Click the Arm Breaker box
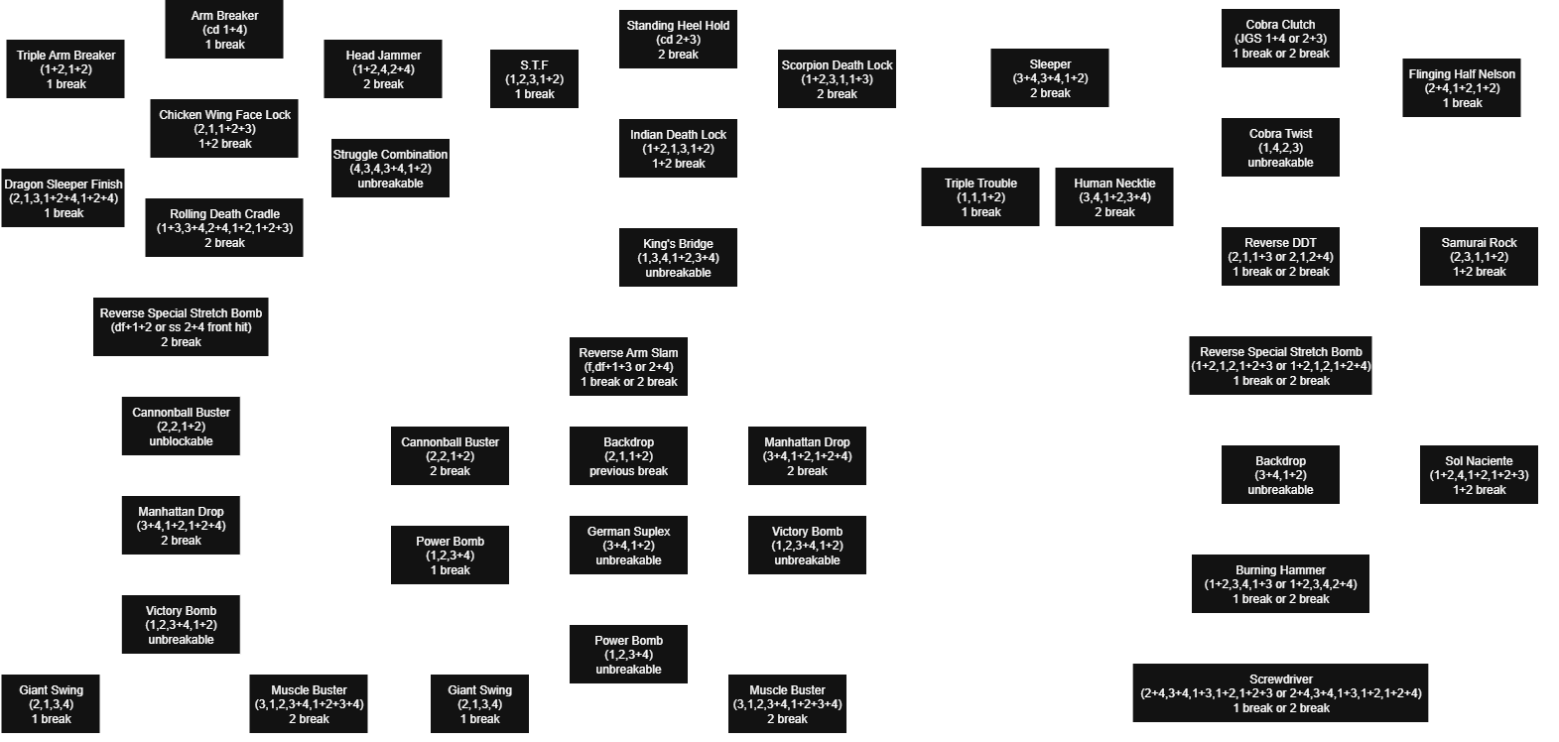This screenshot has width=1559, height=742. [x=224, y=30]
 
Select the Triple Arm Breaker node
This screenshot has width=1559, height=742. [x=66, y=69]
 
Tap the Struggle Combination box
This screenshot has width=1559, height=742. [x=390, y=169]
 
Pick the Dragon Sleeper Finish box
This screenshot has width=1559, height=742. [x=64, y=198]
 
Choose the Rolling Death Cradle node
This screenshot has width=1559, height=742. [x=224, y=228]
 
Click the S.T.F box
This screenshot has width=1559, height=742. [x=534, y=79]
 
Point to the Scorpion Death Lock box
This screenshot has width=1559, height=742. [x=837, y=79]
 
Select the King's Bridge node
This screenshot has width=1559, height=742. [x=678, y=258]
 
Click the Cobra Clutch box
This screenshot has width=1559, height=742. [x=1280, y=39]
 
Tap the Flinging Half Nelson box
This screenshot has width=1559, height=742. [x=1462, y=88]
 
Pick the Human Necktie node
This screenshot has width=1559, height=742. [x=1114, y=197]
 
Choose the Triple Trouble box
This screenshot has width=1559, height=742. [x=980, y=197]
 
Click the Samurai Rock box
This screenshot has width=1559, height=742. [x=1479, y=257]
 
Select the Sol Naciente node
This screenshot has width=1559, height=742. [x=1479, y=475]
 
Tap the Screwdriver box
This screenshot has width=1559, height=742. [x=1280, y=693]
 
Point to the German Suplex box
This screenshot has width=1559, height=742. [x=628, y=546]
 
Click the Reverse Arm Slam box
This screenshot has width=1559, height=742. [x=628, y=367]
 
